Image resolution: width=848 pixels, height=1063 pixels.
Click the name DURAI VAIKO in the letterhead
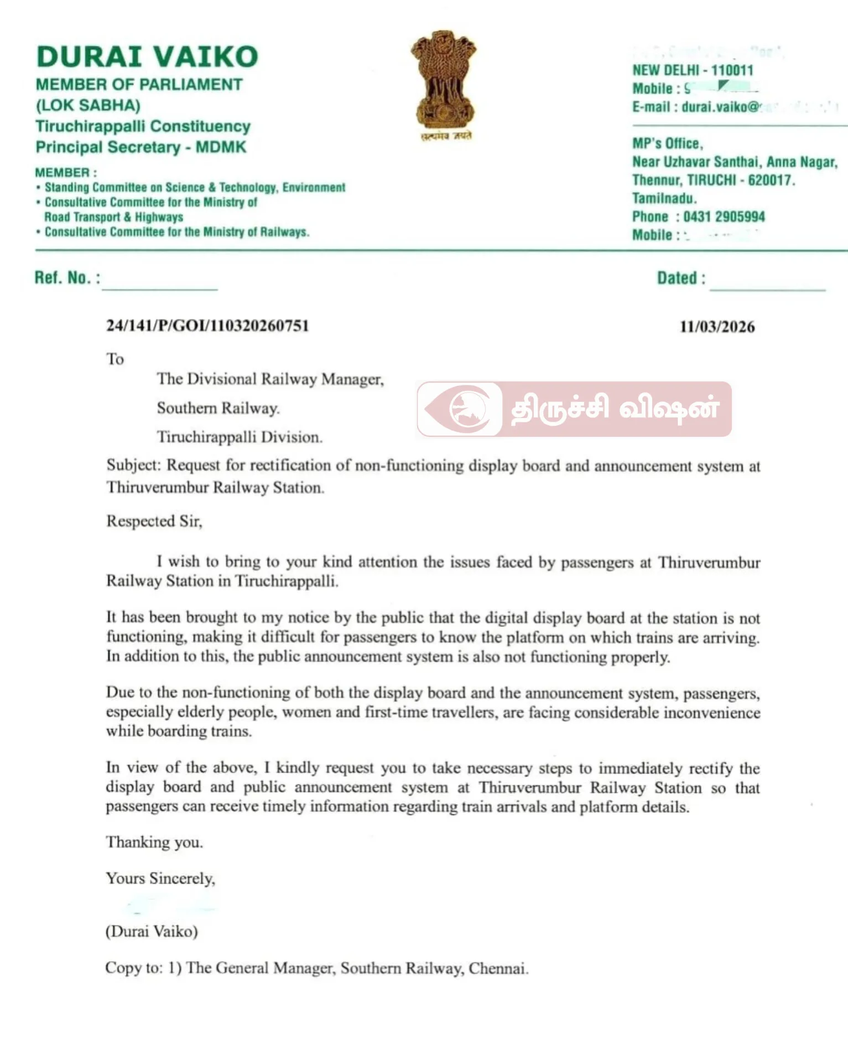[147, 57]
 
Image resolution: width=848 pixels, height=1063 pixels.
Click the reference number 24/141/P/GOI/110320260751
[207, 326]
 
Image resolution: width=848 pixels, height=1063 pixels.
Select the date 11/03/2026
[717, 327]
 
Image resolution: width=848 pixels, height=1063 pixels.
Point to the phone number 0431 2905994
[724, 216]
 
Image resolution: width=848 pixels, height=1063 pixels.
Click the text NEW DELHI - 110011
[693, 70]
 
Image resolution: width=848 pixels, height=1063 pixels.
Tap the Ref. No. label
[67, 277]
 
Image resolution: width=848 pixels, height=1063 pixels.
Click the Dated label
[681, 278]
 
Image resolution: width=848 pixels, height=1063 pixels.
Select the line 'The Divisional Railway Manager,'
[270, 379]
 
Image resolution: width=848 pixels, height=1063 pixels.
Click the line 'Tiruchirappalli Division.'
[240, 437]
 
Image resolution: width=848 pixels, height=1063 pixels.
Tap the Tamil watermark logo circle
[467, 409]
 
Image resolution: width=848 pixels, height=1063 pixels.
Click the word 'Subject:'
[133, 465]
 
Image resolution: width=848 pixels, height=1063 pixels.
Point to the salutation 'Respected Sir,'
[154, 522]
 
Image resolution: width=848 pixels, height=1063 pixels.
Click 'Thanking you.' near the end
[154, 842]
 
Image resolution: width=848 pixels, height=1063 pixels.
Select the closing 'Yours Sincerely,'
[160, 879]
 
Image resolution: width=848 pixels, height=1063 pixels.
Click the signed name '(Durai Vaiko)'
[152, 931]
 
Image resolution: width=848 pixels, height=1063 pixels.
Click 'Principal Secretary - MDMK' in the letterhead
[141, 147]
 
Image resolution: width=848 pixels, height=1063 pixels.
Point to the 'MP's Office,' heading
[668, 143]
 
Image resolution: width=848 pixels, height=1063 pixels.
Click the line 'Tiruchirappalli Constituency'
[143, 126]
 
